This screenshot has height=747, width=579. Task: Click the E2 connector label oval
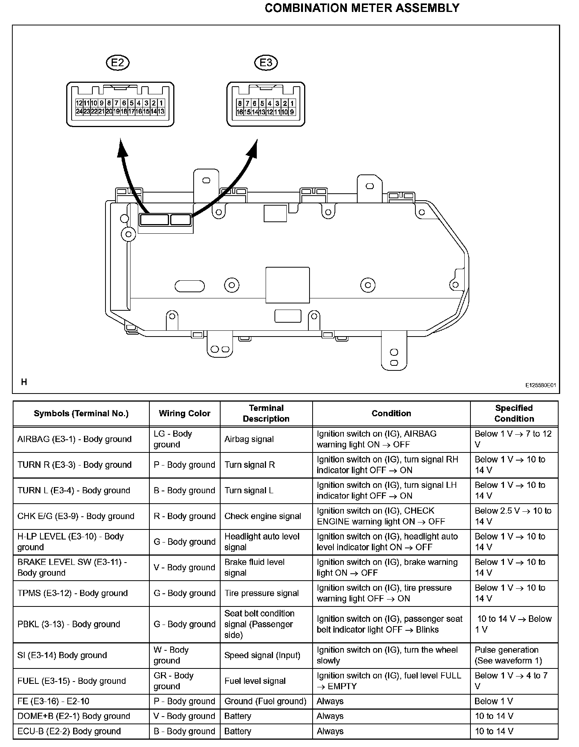[117, 62]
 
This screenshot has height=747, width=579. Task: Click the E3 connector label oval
[266, 62]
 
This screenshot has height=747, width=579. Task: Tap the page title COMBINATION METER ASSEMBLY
[362, 8]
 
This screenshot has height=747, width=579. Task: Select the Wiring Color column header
[184, 414]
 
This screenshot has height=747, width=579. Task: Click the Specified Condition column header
[514, 414]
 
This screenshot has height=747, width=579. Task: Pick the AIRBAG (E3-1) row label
[74, 439]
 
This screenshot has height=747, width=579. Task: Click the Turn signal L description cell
[249, 491]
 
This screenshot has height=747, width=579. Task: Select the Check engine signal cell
[263, 516]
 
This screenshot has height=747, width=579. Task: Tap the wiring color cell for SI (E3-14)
[171, 655]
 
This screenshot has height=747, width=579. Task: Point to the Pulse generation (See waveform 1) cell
[508, 655]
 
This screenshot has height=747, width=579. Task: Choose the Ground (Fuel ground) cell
[265, 701]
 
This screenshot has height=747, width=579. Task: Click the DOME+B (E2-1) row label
[74, 716]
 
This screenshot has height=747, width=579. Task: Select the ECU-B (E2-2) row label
[69, 731]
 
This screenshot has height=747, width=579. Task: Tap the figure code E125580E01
[541, 385]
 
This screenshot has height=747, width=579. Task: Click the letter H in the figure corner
[24, 382]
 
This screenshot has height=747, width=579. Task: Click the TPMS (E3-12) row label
[72, 593]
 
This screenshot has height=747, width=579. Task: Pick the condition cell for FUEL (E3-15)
[389, 681]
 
